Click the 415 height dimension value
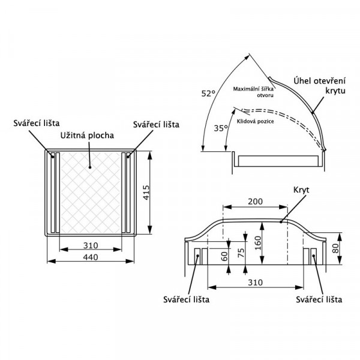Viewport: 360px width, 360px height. [x=146, y=193]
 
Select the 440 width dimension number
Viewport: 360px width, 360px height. [x=91, y=257]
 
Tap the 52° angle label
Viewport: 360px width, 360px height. [x=208, y=94]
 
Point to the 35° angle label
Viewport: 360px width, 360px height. [x=221, y=128]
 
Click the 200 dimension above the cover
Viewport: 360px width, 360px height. [x=255, y=202]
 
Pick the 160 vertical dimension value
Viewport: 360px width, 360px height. [x=258, y=243]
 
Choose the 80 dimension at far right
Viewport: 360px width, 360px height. [x=335, y=248]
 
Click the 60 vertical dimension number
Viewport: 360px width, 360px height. [x=224, y=256]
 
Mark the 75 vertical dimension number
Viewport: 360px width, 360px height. [x=241, y=253]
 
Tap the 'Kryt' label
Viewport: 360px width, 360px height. [x=301, y=190]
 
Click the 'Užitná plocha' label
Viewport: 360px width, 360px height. [x=87, y=135]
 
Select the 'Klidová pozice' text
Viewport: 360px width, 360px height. [x=256, y=121]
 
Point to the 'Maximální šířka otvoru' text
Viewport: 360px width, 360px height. [x=253, y=92]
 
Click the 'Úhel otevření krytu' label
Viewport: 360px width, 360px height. [x=320, y=86]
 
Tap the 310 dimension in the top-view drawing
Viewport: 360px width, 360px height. [x=91, y=245]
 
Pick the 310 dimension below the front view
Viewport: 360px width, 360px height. [x=255, y=283]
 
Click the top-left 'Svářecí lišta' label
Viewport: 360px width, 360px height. [x=37, y=123]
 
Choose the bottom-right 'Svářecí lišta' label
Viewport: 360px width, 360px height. [x=319, y=299]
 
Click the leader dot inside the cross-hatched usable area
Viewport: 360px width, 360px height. [x=90, y=167]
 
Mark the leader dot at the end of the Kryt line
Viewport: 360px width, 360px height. [x=281, y=222]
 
